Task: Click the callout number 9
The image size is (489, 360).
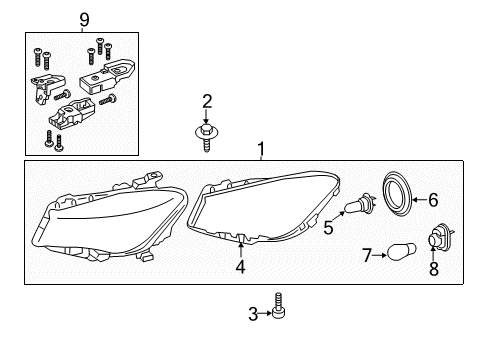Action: pos(84,20)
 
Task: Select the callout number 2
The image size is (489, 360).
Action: pos(207,101)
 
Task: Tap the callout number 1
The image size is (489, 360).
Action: pos(261,149)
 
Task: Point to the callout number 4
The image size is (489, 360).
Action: pos(240,267)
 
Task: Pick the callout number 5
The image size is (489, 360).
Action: pos(328,228)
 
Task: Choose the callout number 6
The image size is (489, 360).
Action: pos(433,200)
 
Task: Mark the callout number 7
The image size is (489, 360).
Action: pos(367,255)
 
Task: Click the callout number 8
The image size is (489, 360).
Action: pos(433,269)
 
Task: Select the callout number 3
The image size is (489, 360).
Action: pos(253,314)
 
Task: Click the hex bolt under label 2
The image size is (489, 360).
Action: pos(207,138)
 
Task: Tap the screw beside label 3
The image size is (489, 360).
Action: pos(278,306)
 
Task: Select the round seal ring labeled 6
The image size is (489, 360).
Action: pos(398,194)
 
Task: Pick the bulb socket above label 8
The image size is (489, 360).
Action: pos(440,236)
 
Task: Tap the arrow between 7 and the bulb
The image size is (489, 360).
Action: pos(380,255)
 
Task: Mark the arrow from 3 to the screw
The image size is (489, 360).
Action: pos(266,313)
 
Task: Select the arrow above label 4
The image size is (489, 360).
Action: pos(241,250)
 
